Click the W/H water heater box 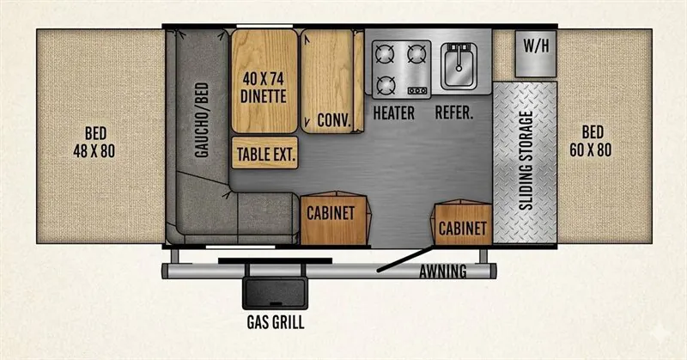coord(535,53)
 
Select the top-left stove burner coord(384,54)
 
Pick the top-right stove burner coord(416,54)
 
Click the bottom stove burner coord(386,85)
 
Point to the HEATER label coord(394,113)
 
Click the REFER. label coord(454,113)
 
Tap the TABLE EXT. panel coord(264,153)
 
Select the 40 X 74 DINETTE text coord(264,88)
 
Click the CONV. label coord(334,119)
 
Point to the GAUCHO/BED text coord(202,119)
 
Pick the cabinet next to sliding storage coord(461,223)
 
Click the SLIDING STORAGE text coord(526,161)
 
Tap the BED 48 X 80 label coord(94,142)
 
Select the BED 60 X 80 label coord(591,141)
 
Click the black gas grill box coord(275,292)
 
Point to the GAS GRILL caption coord(276,322)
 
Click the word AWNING coord(443,272)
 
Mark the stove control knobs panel coord(417,91)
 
